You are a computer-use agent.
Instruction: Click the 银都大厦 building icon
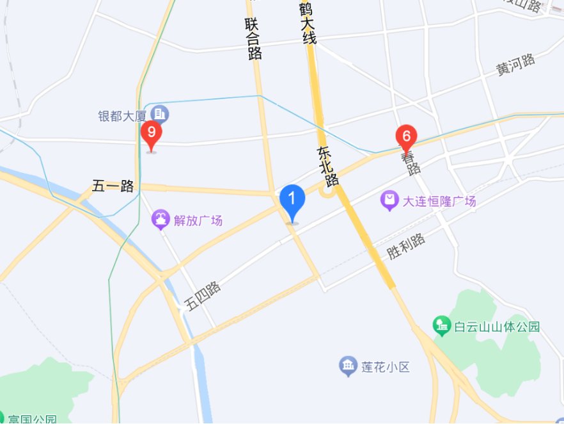click(161, 115)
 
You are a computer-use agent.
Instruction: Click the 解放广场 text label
click(198, 221)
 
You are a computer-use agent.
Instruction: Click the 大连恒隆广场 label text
click(439, 201)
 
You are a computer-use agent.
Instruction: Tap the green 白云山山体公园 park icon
click(441, 325)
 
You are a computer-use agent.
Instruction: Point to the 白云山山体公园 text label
click(497, 327)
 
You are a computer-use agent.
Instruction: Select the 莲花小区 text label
click(385, 367)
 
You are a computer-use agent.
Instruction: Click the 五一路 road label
click(113, 186)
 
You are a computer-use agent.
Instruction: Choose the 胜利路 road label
click(406, 246)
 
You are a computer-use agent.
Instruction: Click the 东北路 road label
click(326, 165)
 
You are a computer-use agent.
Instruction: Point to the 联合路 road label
click(254, 38)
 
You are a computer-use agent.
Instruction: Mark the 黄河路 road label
click(515, 65)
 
